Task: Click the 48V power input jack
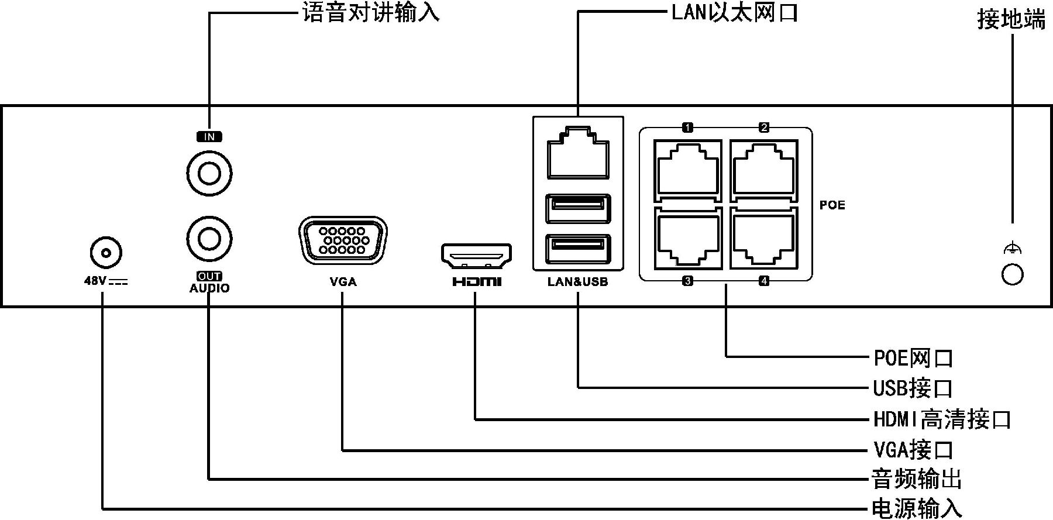(106, 253)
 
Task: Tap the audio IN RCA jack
(209, 173)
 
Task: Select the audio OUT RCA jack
(209, 238)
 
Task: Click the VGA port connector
(342, 240)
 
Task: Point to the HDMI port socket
(476, 254)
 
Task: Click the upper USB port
(577, 208)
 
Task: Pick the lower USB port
(577, 247)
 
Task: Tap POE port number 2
(763, 167)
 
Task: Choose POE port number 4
(763, 239)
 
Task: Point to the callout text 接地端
(1011, 20)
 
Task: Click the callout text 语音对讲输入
(370, 13)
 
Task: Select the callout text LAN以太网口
(735, 12)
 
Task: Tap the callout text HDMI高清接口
(942, 419)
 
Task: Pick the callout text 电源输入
(917, 508)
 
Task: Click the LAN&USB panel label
(577, 282)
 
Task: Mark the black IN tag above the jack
(209, 137)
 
